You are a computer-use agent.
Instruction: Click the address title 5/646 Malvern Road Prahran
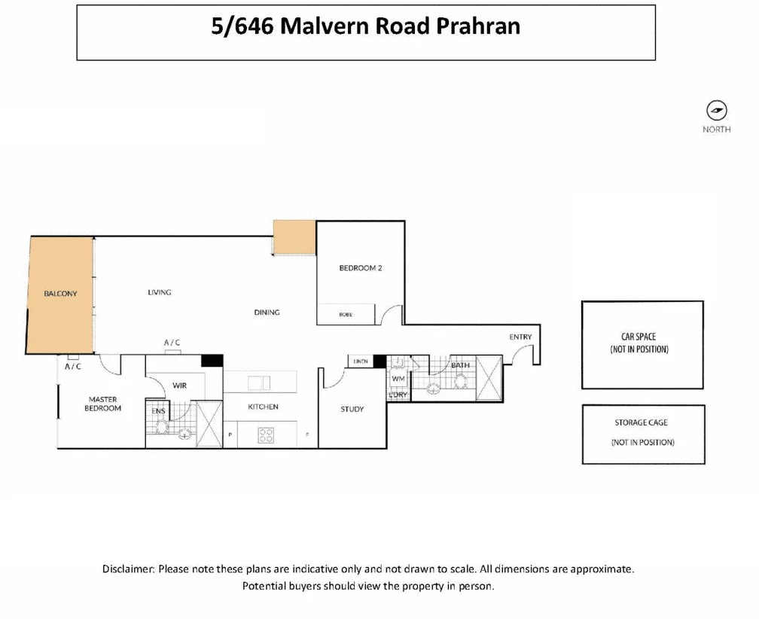click(x=365, y=27)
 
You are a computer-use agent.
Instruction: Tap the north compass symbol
click(x=716, y=111)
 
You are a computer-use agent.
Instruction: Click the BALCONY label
click(x=60, y=294)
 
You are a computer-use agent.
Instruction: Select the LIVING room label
click(x=160, y=292)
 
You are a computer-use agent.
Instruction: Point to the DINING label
click(x=267, y=312)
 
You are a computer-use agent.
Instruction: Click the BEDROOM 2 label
click(x=361, y=267)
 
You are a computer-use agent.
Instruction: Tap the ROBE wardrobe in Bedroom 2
click(x=346, y=315)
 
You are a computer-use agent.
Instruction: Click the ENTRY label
click(x=520, y=337)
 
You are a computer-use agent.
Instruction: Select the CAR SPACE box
click(x=642, y=345)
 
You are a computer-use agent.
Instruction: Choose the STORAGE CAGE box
click(x=642, y=434)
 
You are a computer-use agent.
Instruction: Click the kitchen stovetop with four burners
click(x=266, y=435)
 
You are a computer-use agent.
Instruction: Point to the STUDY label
click(x=352, y=410)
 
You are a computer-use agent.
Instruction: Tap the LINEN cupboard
click(x=360, y=362)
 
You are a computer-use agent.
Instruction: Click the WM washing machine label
click(x=398, y=378)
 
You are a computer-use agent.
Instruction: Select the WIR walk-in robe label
click(x=179, y=386)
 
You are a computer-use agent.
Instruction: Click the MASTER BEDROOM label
click(x=102, y=404)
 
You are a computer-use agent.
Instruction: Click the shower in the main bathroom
click(x=487, y=379)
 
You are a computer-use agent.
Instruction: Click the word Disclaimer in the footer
click(x=129, y=569)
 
